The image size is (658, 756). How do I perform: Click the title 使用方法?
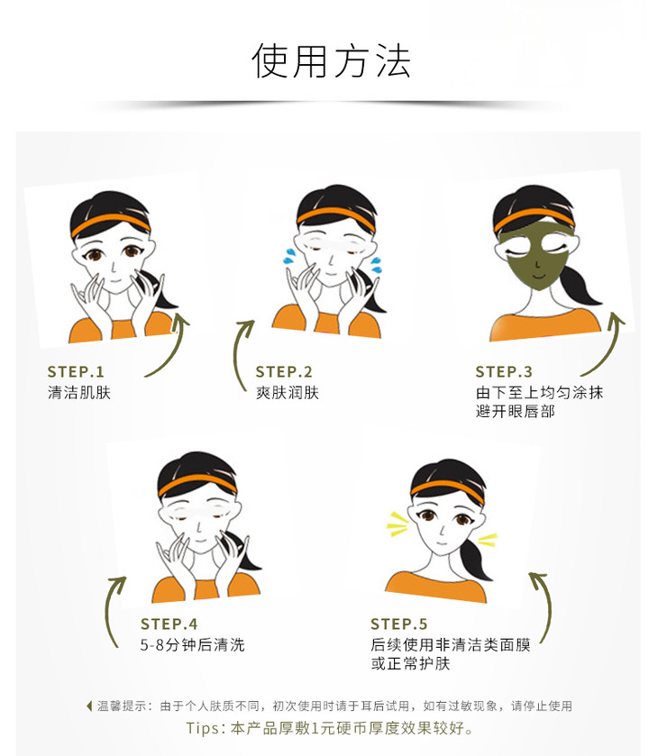click(x=331, y=60)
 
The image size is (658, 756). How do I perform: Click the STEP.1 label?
click(x=76, y=372)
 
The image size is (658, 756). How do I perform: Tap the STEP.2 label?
click(x=284, y=372)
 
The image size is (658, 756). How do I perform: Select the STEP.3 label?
click(x=504, y=372)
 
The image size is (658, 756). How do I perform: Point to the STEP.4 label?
click(x=169, y=624)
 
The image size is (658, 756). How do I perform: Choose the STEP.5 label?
click(x=399, y=624)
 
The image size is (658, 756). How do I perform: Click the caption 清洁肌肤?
click(x=79, y=393)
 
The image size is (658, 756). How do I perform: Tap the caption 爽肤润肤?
click(x=288, y=393)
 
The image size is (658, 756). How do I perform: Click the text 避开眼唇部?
click(x=516, y=411)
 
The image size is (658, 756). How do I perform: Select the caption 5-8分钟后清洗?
click(x=193, y=644)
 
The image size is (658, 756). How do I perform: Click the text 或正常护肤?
click(x=410, y=663)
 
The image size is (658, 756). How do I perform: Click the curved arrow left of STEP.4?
click(x=112, y=608)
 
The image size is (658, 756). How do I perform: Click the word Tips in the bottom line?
click(x=203, y=728)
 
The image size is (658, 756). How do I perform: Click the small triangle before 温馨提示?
click(x=88, y=706)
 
